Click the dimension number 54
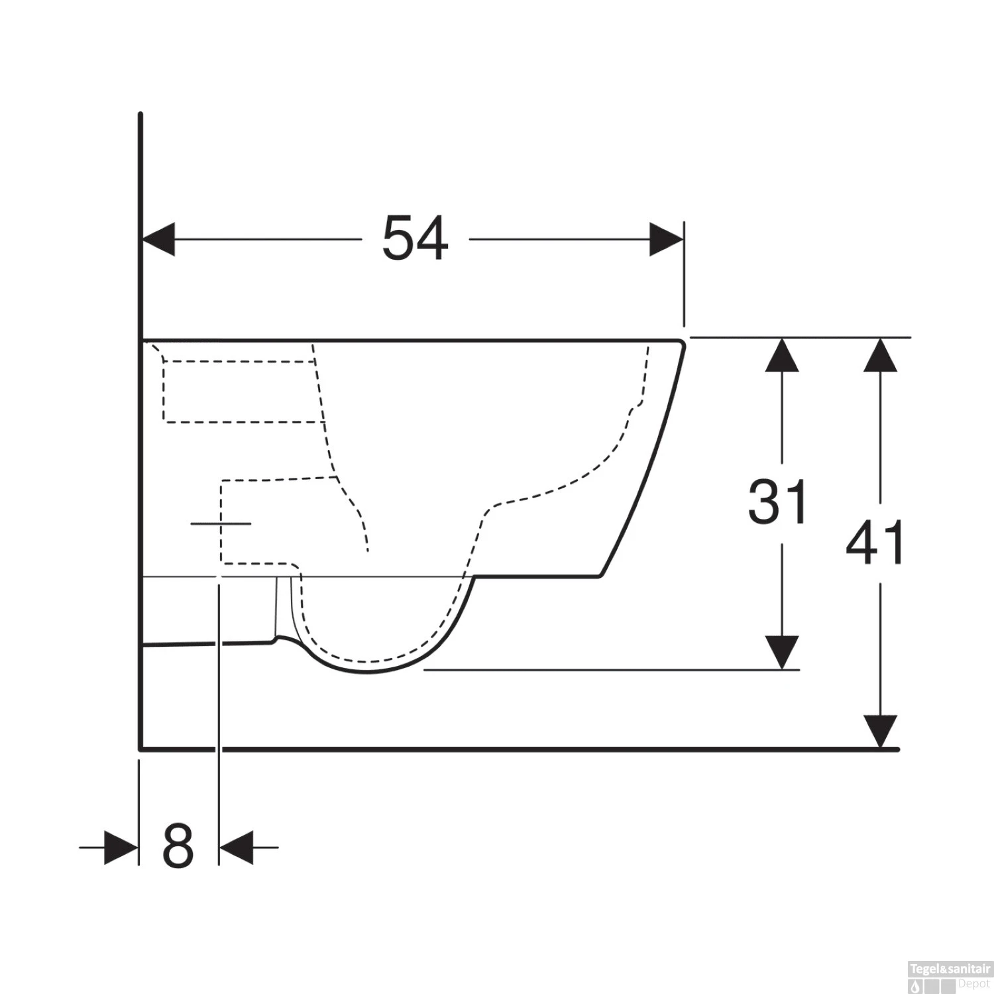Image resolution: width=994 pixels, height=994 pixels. coord(415,238)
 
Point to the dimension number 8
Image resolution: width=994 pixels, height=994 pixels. coord(178,846)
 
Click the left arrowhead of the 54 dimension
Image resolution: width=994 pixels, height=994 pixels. coord(158,239)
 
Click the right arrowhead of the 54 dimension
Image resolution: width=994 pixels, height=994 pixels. coord(667,239)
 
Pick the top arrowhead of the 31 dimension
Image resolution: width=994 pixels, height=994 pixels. coord(781,355)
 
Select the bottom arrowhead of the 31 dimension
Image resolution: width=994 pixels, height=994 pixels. coord(781,652)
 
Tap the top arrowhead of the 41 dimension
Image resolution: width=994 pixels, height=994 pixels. coord(880,355)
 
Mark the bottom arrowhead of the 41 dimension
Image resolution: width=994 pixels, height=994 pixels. coord(880,732)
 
